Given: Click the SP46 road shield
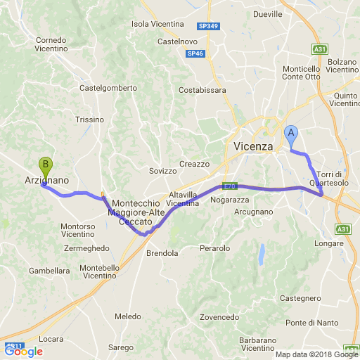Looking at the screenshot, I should click(x=195, y=53).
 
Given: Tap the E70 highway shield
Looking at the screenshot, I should click(x=229, y=186).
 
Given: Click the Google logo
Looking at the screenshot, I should click(x=23, y=352).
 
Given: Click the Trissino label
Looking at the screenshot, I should click(x=89, y=120).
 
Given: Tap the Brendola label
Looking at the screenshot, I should click(x=162, y=253).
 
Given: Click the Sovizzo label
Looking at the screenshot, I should click(x=164, y=171).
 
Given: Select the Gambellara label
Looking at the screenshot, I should click(x=49, y=271).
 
